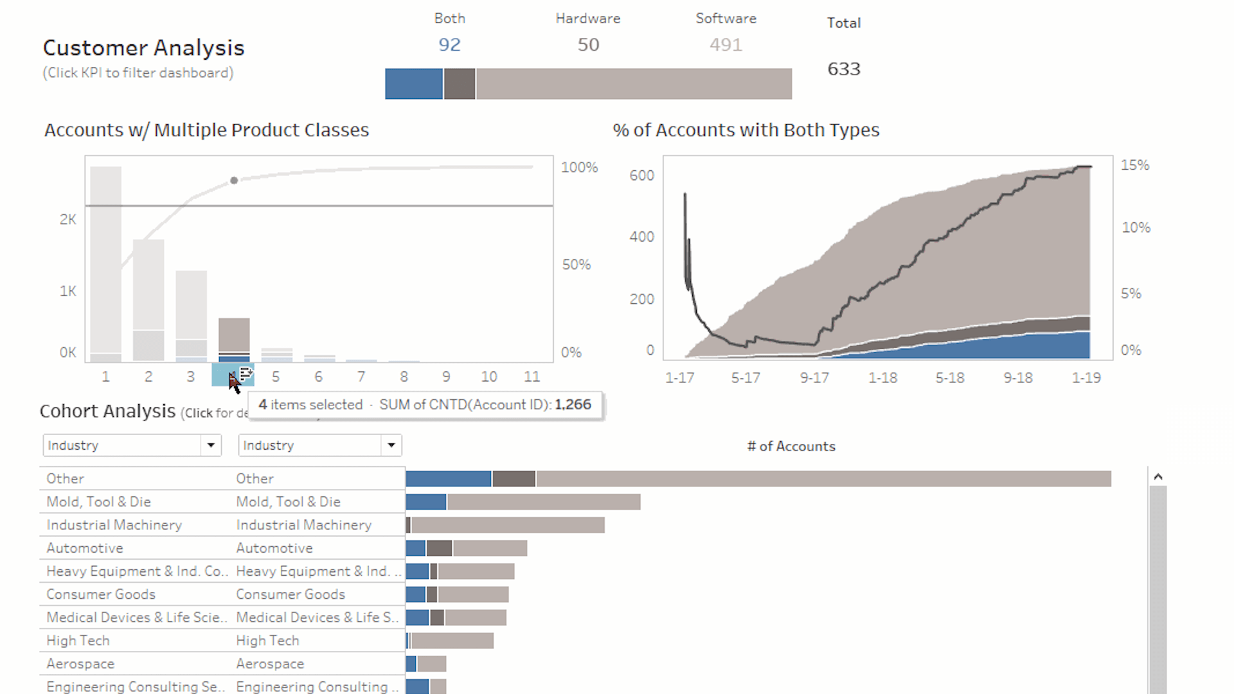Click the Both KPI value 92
[x=449, y=45]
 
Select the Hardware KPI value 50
[x=588, y=45]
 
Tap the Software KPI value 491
[x=726, y=45]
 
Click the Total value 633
[x=843, y=69]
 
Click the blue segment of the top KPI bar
[x=413, y=84]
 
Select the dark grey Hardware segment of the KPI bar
[x=460, y=84]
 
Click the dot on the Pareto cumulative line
[x=234, y=181]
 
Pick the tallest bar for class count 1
[x=105, y=257]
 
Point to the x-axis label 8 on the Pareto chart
[x=404, y=377]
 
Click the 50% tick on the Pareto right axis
[x=576, y=265]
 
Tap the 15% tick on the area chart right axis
[x=1135, y=165]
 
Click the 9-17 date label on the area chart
[x=814, y=378]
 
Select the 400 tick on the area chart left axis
[x=641, y=237]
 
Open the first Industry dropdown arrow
[x=211, y=445]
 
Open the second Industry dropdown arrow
[x=391, y=445]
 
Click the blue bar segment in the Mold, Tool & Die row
[x=425, y=502]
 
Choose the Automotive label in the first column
[x=85, y=548]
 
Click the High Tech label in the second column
[x=267, y=641]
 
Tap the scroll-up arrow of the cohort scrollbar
[x=1158, y=477]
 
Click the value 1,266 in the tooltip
[x=573, y=405]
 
